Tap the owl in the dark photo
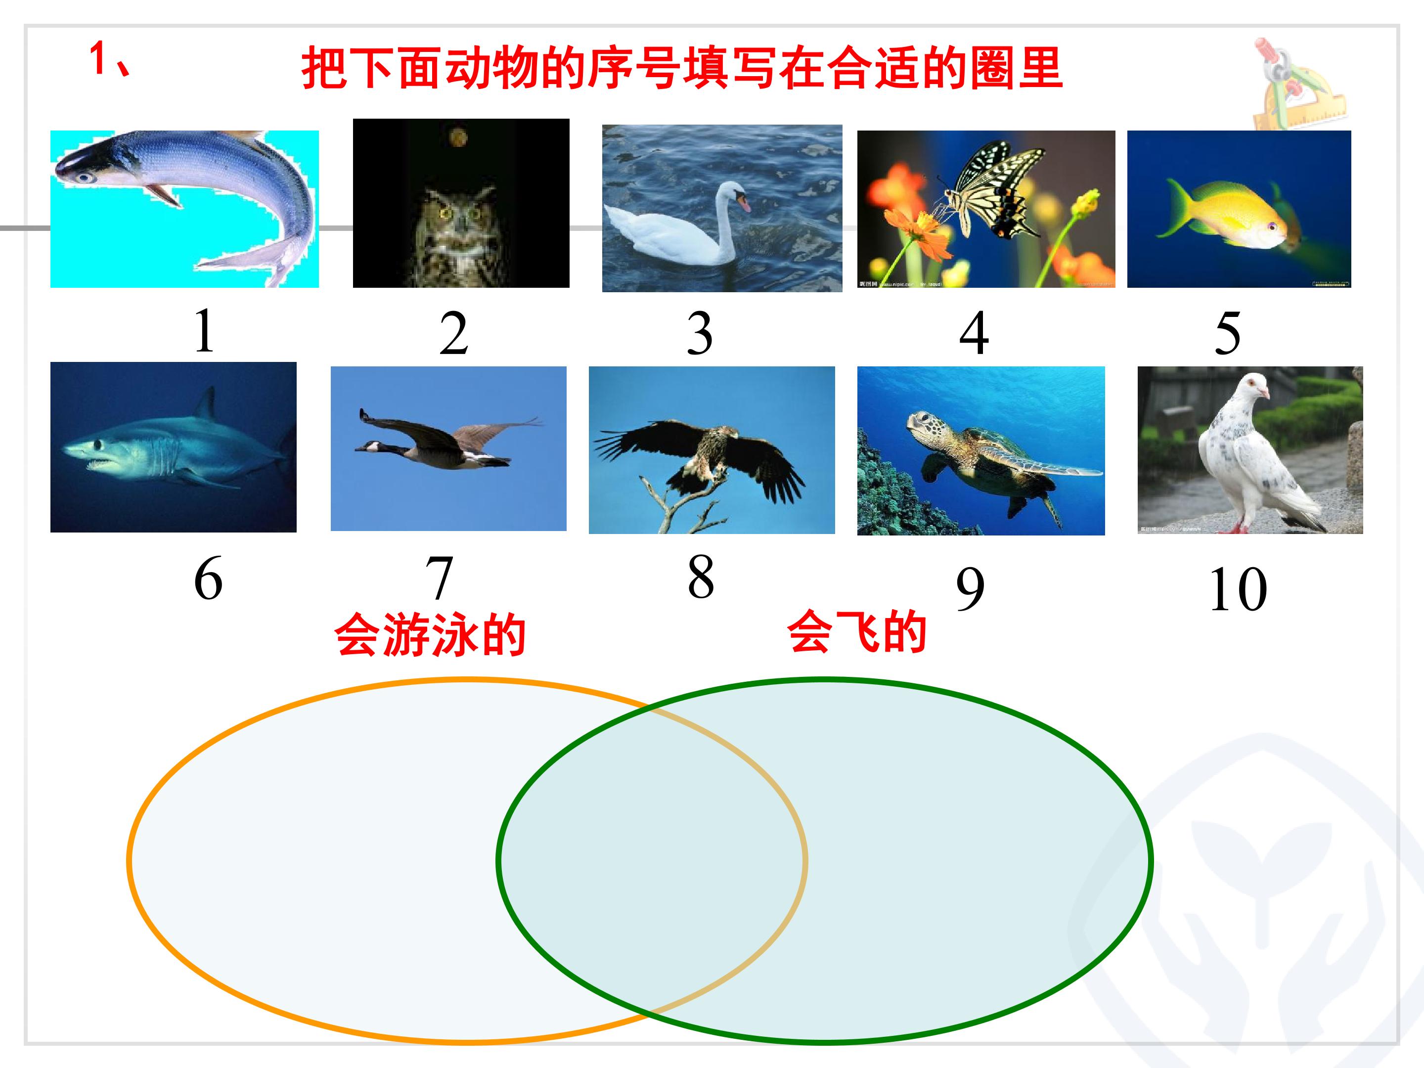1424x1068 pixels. [458, 232]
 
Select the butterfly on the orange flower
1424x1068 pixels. [996, 187]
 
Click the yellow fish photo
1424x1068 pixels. [1238, 209]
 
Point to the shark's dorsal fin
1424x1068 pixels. [207, 404]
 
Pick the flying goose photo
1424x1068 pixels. [448, 448]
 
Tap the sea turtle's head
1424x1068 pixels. [921, 422]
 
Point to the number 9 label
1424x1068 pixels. [970, 588]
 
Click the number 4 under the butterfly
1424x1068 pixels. [974, 333]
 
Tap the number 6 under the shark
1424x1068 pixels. [208, 578]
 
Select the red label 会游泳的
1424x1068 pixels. [430, 634]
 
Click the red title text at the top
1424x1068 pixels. [681, 68]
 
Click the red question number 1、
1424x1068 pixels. [109, 59]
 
